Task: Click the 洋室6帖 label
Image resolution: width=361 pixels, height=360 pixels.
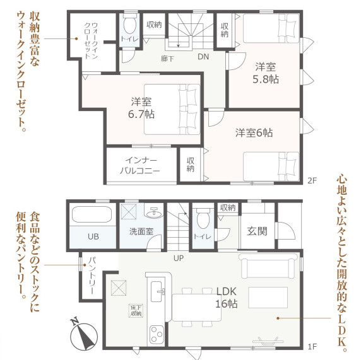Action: (x=254, y=133)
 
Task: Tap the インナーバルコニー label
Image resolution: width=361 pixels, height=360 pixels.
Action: (x=139, y=165)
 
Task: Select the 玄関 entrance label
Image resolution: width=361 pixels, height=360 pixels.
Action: (x=257, y=231)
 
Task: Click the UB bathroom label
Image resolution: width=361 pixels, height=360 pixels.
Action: (x=93, y=237)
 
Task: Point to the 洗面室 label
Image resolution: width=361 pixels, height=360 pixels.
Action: (x=141, y=231)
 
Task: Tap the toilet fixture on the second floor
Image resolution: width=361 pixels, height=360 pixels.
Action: (x=130, y=27)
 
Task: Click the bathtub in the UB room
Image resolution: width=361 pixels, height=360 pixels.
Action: (x=93, y=214)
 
